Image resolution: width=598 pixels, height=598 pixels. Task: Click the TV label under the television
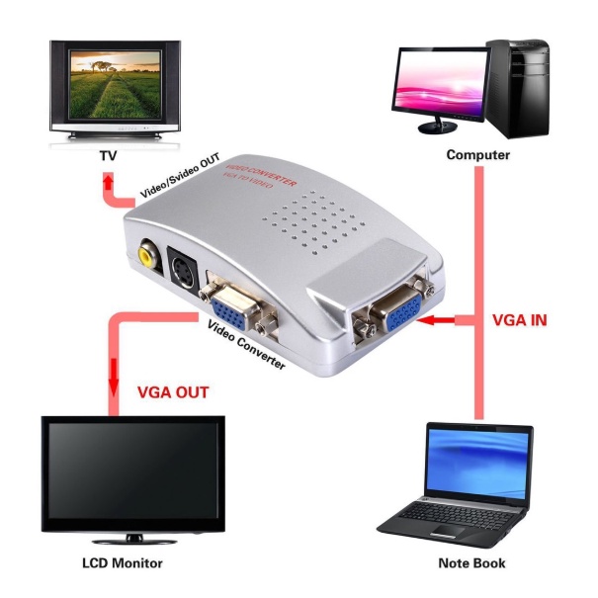(109, 156)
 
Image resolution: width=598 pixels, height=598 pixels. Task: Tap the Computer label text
(477, 155)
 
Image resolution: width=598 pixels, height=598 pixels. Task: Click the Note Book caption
(471, 563)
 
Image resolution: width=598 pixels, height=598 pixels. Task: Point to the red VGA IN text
(521, 320)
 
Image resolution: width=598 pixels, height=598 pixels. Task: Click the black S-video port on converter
(184, 268)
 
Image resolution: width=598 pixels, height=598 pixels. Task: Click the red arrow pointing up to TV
(107, 184)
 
